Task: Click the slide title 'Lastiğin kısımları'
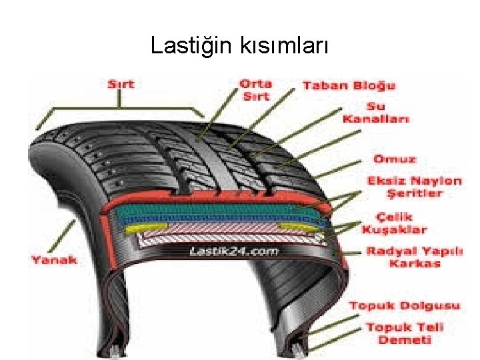point(239,45)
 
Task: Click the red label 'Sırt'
point(121,84)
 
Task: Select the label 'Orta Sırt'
point(255,90)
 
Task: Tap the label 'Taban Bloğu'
point(349,85)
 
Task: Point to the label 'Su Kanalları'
point(376,113)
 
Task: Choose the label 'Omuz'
point(394,159)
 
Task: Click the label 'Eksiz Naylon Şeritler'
point(414,187)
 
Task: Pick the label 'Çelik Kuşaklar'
point(394,223)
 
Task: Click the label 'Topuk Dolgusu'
point(405,306)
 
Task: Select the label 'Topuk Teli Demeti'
point(405,333)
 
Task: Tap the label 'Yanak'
point(54,259)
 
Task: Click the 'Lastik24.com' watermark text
point(233,251)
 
